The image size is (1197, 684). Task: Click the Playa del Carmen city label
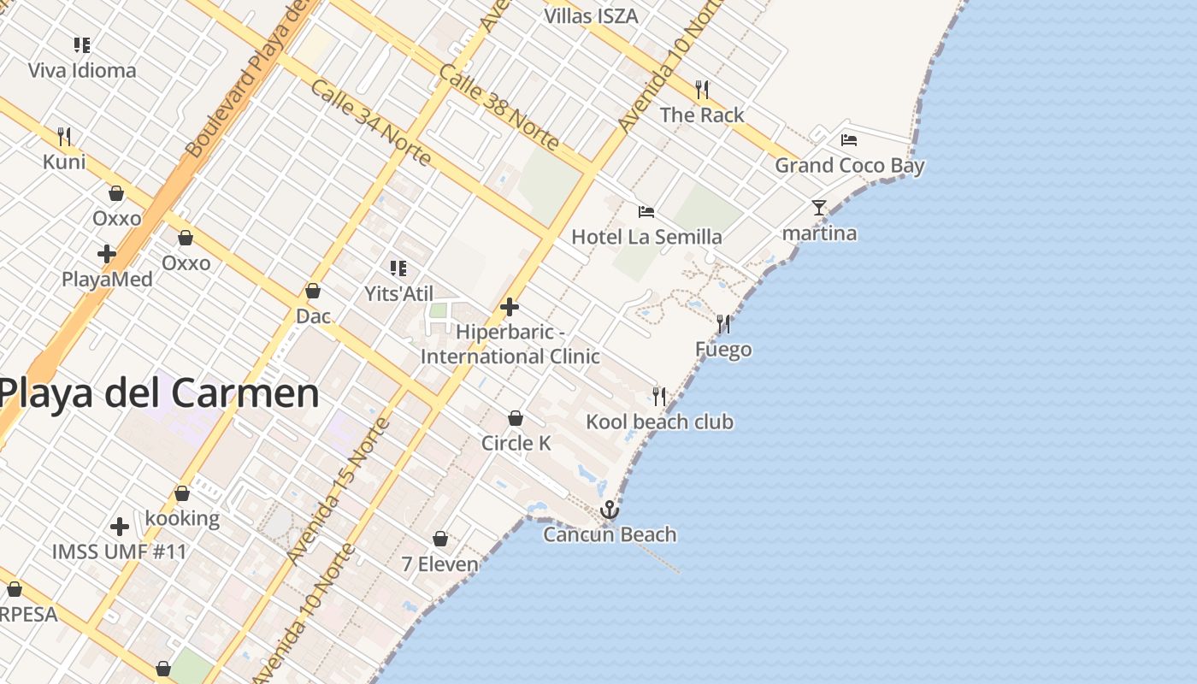[x=159, y=393]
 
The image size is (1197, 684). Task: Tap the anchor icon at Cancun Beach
[x=609, y=510]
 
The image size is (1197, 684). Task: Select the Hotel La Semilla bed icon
[x=646, y=211]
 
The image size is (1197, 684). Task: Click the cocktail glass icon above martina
[x=819, y=208]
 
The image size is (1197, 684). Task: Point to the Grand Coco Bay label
[x=849, y=165]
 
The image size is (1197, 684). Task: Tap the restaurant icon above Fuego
[x=723, y=324]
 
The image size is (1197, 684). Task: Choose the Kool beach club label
[x=659, y=422]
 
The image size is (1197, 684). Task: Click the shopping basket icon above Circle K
[x=516, y=418]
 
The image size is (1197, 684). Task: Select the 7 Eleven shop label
[x=440, y=564]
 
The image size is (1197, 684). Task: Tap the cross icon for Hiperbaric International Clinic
[x=510, y=307]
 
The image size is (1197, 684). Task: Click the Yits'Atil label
[x=398, y=293]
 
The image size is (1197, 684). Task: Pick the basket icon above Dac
[x=313, y=291]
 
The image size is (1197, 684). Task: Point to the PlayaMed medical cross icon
[x=107, y=254]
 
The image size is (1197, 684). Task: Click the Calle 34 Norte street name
[x=370, y=123]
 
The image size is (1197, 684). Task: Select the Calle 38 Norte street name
[x=498, y=106]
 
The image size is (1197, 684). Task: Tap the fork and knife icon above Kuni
[x=64, y=136]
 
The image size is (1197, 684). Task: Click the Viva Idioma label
[x=82, y=70]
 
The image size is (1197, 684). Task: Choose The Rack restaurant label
[x=701, y=115]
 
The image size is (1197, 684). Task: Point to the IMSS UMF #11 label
[x=119, y=551]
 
